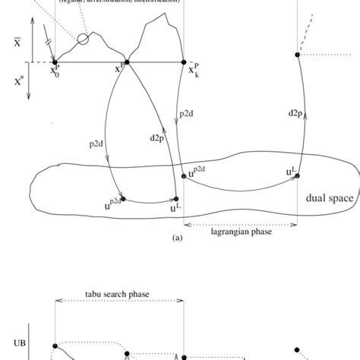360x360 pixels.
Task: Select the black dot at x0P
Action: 55,62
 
